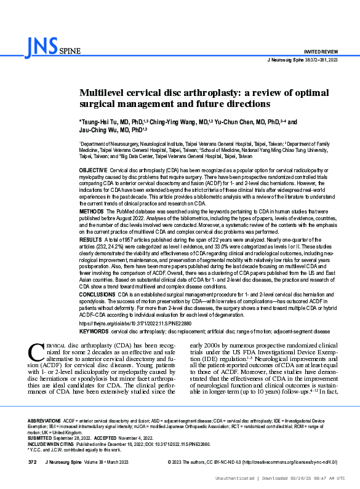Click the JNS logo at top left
tap(43, 45)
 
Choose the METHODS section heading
tap(92, 210)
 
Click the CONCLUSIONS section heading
tap(98, 295)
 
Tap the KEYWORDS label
tap(94, 332)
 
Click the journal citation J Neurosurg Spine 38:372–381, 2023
tap(303, 60)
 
